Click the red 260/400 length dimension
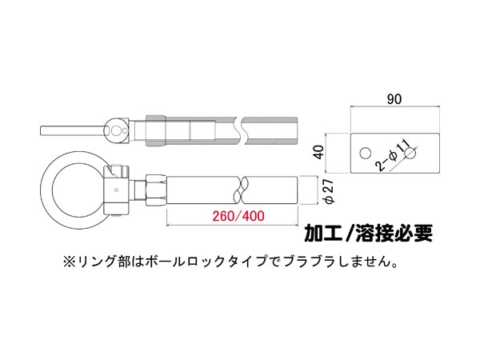238,216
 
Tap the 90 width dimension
394,99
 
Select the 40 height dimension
319,152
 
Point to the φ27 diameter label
329,191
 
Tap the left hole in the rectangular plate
366,153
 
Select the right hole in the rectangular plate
410,153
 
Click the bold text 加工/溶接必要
368,234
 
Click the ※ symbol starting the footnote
69,262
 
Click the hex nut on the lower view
156,190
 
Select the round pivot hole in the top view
116,131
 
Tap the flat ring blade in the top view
73,130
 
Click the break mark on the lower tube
242,190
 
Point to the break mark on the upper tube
241,130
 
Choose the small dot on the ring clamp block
116,190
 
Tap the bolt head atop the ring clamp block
118,169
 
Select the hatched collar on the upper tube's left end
156,130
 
